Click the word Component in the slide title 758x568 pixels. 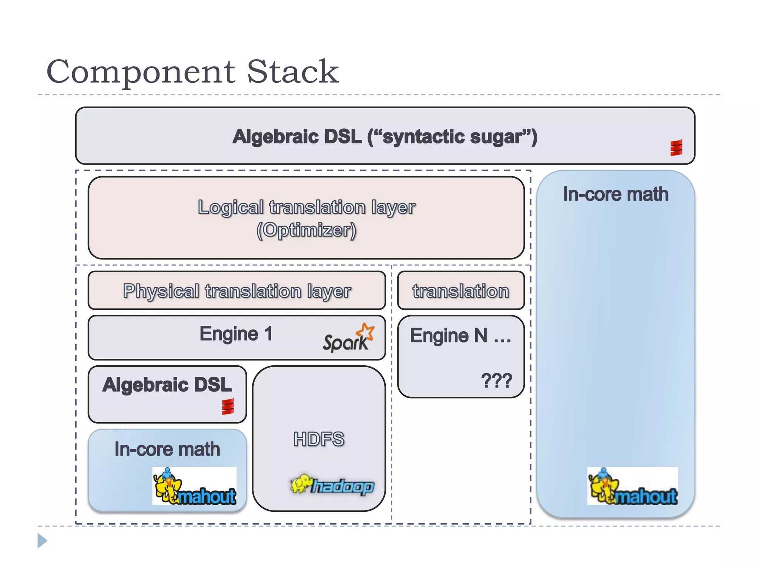click(x=141, y=72)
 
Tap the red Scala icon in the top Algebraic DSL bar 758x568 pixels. click(x=676, y=148)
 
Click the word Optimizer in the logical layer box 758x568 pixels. click(x=306, y=230)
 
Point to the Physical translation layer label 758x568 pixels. click(x=237, y=291)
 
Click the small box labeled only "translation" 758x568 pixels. click(x=461, y=291)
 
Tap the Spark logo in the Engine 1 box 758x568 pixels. click(x=348, y=338)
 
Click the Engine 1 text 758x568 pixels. click(x=236, y=334)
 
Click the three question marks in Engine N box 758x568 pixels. click(x=496, y=381)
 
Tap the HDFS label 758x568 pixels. click(x=319, y=439)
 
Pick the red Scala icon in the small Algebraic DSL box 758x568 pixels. click(x=228, y=406)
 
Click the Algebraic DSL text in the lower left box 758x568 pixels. click(x=167, y=385)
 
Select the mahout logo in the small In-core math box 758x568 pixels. click(x=194, y=486)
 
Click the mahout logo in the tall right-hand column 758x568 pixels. click(x=632, y=486)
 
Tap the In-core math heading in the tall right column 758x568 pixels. click(x=616, y=195)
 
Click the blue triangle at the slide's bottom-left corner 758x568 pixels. click(x=42, y=541)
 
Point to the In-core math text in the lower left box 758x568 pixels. click(x=167, y=449)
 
